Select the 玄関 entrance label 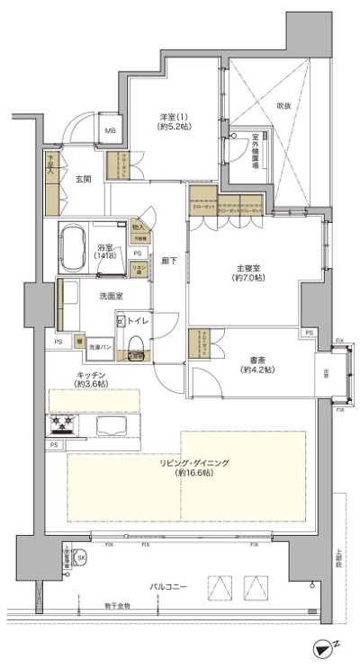click(x=83, y=178)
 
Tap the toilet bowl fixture click(x=135, y=343)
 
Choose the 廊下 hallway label click(x=167, y=260)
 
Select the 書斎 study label click(x=257, y=364)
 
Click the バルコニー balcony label click(x=167, y=586)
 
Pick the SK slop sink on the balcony click(x=81, y=559)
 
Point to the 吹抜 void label click(x=283, y=105)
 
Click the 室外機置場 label click(x=254, y=149)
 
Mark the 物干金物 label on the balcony click(x=117, y=606)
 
